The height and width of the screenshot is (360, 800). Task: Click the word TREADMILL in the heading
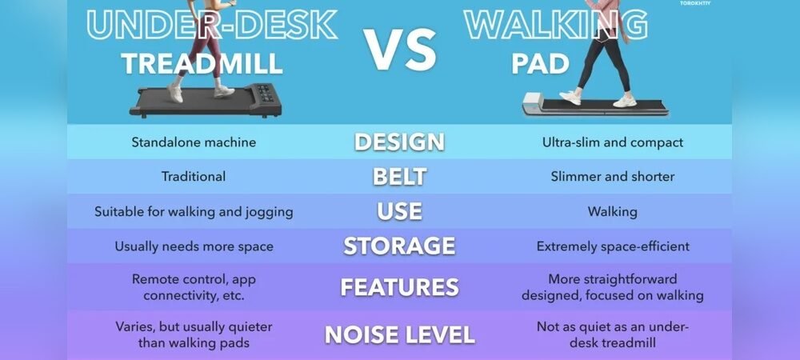tap(202, 64)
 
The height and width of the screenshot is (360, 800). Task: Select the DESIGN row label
tap(399, 142)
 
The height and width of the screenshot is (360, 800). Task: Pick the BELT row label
tap(399, 177)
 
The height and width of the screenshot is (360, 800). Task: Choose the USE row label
tap(399, 212)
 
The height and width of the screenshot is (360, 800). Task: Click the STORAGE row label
tap(399, 246)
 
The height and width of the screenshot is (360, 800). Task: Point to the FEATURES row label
tap(399, 287)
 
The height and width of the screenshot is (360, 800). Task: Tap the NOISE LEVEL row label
tap(399, 334)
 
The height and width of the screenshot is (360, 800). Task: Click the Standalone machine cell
tap(194, 142)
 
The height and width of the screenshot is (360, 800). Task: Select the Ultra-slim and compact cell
tap(612, 142)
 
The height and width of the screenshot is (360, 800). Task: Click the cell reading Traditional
tap(194, 177)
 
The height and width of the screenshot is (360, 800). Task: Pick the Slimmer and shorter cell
tap(612, 177)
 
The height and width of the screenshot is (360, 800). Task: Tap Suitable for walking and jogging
tap(194, 212)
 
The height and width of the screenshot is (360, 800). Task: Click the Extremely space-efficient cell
tap(612, 246)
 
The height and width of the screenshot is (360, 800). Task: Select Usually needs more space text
tap(194, 246)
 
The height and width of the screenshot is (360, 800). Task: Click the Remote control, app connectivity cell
tap(194, 287)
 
